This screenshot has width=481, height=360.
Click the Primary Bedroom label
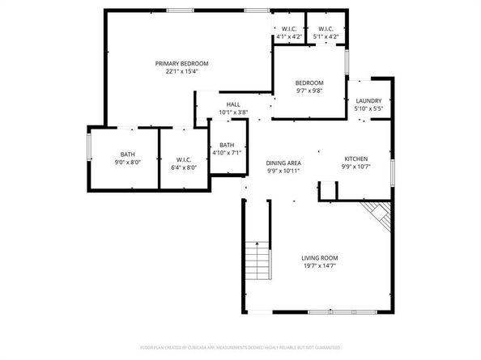pos(182,63)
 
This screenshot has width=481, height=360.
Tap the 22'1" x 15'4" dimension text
pos(182,71)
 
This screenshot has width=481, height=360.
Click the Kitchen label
pos(356,159)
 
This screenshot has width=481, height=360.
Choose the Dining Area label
pos(283,163)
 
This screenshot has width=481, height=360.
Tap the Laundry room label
pos(368,100)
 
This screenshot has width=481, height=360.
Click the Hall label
pos(233,104)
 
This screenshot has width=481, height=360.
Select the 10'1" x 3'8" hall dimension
pos(233,112)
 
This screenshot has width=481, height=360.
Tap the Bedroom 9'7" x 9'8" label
pos(309,83)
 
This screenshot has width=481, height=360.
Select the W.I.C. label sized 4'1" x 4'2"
pos(289,29)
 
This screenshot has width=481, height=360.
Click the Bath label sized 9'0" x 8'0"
pos(128,155)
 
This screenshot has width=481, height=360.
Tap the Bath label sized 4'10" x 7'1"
pos(226,145)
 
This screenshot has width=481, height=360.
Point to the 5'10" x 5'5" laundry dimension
pos(368,108)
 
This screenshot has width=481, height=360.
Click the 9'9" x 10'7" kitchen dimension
pos(356,167)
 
